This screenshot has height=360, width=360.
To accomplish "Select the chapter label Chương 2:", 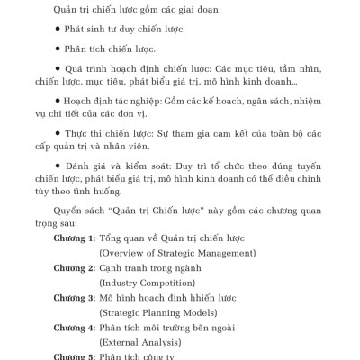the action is point(74,268).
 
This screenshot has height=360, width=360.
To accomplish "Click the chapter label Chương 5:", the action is point(74,355).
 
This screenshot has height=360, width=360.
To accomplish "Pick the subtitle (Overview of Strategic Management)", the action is point(176,252).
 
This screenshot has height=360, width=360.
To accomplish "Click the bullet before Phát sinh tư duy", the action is point(58,29).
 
